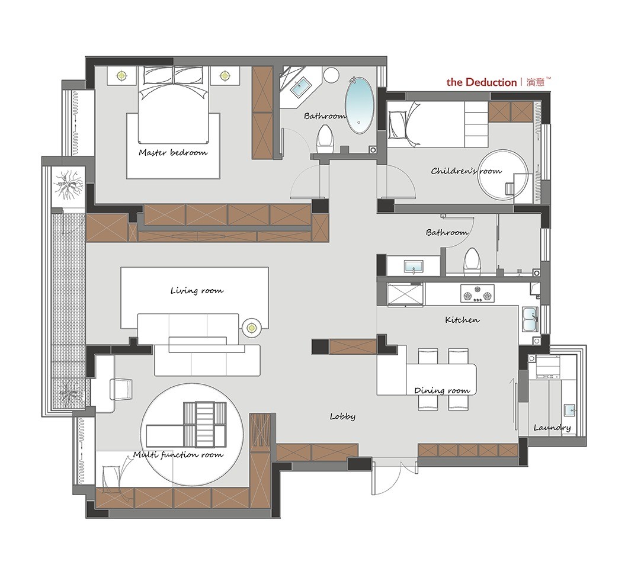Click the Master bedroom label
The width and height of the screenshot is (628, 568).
[x=173, y=152]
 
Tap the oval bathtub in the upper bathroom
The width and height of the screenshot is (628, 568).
[x=360, y=105]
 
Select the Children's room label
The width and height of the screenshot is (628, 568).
[x=466, y=171]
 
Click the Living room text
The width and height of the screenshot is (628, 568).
[x=197, y=291]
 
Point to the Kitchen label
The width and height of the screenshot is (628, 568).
[x=462, y=320]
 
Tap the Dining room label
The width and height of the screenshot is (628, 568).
[x=442, y=390]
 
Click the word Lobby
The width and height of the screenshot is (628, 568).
[x=342, y=417]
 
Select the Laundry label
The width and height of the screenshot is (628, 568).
[x=552, y=428]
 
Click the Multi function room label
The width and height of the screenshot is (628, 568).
[x=178, y=455]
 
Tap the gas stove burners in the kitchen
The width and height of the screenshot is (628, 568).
[x=477, y=293]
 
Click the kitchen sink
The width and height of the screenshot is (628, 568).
[x=530, y=319]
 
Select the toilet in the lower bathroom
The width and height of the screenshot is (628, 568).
[x=472, y=261]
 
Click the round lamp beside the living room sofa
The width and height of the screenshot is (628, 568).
[x=251, y=328]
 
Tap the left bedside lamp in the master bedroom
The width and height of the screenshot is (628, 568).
[x=122, y=75]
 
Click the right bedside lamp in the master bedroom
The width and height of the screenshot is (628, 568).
[x=225, y=75]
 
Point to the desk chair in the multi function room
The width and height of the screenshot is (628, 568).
[x=121, y=389]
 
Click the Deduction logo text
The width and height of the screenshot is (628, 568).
[x=482, y=82]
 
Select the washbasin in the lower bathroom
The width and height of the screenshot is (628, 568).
[x=414, y=266]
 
